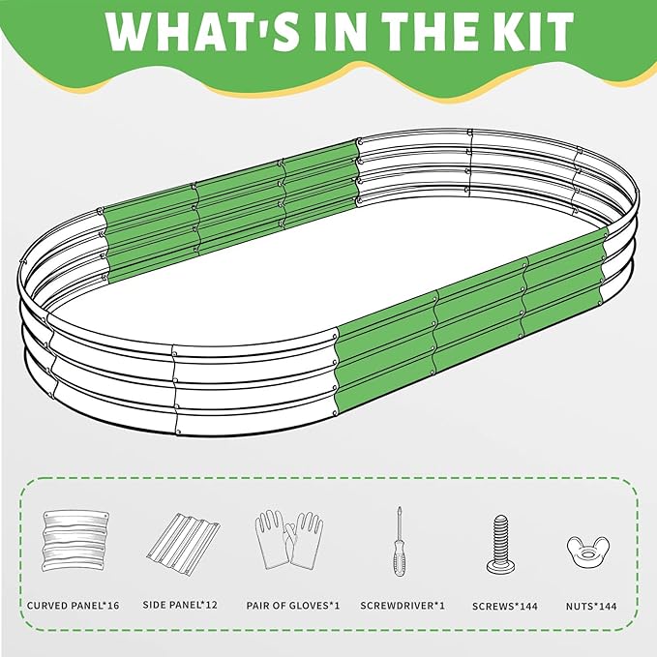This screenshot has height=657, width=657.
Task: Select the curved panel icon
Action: point(75,541)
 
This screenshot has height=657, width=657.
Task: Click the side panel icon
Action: point(183,541)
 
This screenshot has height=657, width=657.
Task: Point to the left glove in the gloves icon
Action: point(272,541)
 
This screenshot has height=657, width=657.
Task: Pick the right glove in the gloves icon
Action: point(305,541)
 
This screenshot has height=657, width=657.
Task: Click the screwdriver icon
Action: point(400,541)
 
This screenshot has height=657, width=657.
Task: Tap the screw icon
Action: point(500,545)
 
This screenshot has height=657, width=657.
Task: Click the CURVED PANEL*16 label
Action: point(73,606)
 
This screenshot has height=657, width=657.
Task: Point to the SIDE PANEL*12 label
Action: point(180,605)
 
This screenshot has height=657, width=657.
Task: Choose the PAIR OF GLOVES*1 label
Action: point(293,606)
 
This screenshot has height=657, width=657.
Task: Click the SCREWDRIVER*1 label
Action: point(403,606)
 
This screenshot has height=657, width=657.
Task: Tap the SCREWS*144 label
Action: point(505,606)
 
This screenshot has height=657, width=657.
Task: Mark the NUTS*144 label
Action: point(591,606)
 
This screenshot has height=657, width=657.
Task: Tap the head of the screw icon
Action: point(500,566)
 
